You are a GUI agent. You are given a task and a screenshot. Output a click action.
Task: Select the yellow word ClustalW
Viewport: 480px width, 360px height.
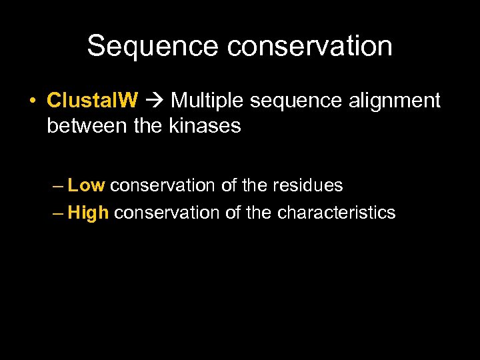click(x=93, y=101)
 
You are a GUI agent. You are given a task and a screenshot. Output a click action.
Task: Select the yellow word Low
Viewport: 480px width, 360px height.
click(x=87, y=185)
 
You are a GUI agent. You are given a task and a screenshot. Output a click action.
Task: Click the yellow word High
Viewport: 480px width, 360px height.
click(x=89, y=213)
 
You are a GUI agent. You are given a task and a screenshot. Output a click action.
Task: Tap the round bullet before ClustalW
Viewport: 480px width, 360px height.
click(x=32, y=101)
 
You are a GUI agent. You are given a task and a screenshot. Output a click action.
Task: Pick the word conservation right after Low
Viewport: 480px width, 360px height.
click(x=163, y=185)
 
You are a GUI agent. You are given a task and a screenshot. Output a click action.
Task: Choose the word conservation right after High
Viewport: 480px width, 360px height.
click(x=167, y=213)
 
